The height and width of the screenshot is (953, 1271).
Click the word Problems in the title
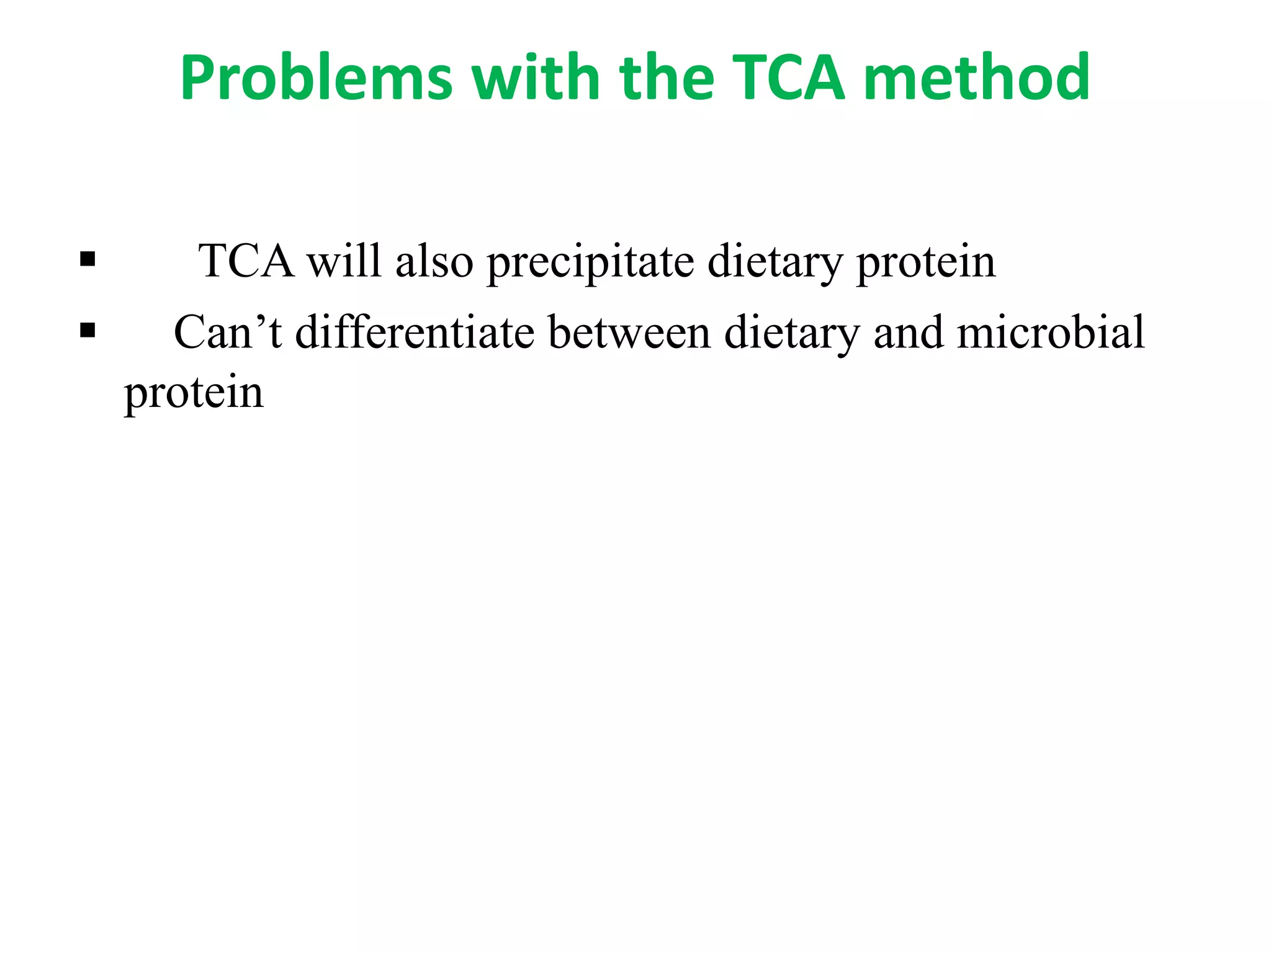[317, 78]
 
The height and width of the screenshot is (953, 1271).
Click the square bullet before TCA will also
[88, 258]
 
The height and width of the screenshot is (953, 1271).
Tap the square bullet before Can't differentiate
[88, 330]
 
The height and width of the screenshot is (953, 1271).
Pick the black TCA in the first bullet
[246, 261]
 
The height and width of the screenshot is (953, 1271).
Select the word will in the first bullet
[344, 261]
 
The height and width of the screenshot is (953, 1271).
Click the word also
[434, 261]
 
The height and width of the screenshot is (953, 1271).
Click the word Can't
[228, 332]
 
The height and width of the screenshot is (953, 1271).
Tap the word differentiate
[415, 332]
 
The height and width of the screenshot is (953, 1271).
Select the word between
[629, 332]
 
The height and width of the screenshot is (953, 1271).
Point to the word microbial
[1051, 332]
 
